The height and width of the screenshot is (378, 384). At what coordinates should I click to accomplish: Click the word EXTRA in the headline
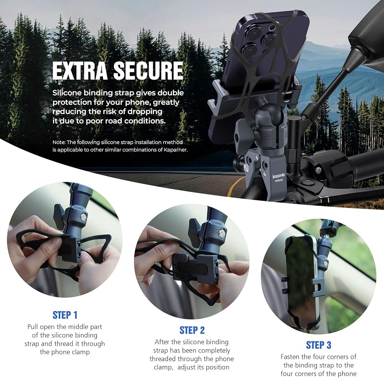tap(80, 71)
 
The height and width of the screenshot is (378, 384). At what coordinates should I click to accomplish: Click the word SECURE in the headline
tap(148, 71)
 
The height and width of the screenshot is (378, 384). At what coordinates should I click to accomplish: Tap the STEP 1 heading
tap(65, 315)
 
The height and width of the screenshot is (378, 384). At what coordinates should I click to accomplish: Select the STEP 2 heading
tap(192, 330)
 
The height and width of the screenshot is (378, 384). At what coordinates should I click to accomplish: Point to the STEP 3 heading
tap(319, 345)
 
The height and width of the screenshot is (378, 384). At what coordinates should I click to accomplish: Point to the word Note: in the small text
tap(59, 142)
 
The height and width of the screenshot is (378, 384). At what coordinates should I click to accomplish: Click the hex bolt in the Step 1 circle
tap(83, 217)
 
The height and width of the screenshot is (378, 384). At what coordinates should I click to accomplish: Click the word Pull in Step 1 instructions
tap(33, 327)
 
